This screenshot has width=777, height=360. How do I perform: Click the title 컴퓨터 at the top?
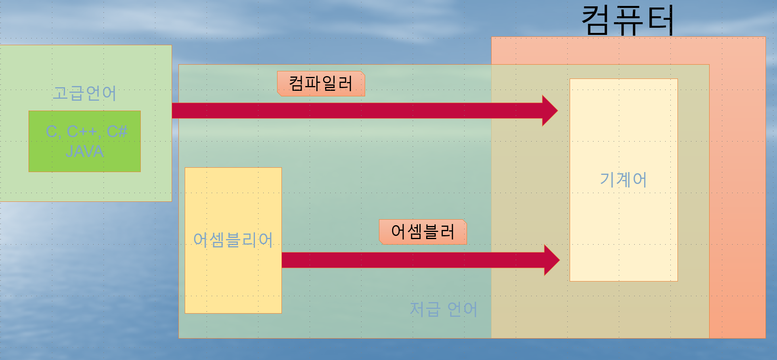628,20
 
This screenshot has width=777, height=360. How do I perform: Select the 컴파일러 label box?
321,84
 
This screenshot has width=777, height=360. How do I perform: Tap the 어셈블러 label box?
423,232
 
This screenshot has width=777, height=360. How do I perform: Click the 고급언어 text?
84,93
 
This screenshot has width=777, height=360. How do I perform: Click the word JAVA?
84,151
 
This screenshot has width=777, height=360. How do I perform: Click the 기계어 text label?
623,180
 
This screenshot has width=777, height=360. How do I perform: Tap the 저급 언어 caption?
443,309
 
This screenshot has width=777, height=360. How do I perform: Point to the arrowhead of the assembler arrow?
551,260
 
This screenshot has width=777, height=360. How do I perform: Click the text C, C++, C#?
87,131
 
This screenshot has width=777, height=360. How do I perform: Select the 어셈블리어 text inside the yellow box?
233,240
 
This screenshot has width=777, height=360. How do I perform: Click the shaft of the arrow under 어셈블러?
412,260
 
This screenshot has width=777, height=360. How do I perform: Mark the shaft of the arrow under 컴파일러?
357,111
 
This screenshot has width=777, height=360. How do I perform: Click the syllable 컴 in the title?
595,20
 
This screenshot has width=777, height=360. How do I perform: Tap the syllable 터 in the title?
660,20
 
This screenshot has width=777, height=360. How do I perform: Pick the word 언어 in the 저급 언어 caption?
462,309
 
